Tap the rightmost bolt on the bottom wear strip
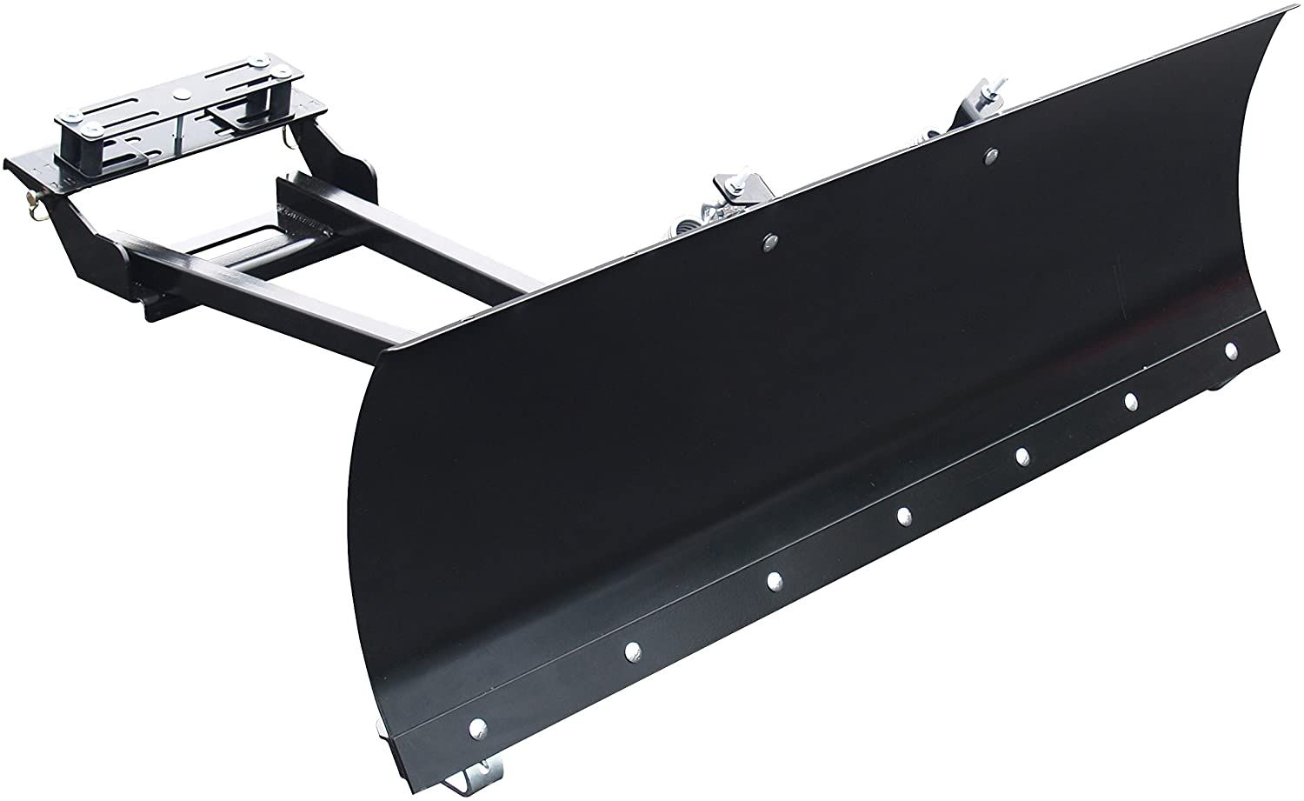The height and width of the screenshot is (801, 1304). pos(1231,350)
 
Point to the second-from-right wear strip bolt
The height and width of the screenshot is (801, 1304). pos(1131,401)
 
